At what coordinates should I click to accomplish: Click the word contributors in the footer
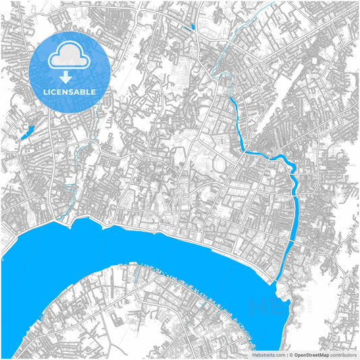(344, 354)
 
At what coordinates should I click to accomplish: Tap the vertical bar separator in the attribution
(287, 354)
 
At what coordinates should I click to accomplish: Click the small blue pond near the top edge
(193, 27)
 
